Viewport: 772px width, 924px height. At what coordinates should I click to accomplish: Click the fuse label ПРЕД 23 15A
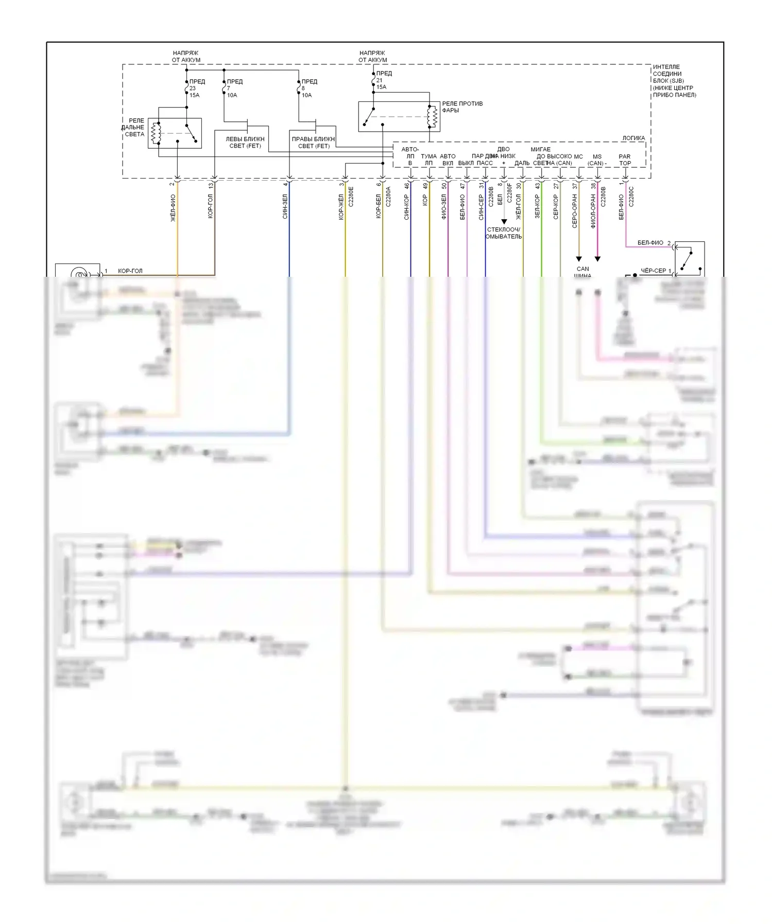196,88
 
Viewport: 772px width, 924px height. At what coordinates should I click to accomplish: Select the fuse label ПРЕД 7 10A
233,88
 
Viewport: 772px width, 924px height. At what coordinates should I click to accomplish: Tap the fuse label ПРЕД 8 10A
308,88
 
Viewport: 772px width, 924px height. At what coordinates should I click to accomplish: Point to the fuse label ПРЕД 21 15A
383,80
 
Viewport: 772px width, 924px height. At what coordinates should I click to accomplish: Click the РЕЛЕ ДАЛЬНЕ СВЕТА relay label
134,128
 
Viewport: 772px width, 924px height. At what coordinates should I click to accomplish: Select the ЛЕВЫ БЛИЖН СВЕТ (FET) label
245,143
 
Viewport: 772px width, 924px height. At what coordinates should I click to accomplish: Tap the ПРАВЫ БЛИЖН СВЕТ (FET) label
313,143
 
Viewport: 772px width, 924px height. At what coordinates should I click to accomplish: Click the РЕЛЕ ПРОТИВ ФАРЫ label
462,107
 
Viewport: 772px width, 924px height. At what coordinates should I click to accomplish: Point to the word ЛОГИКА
633,138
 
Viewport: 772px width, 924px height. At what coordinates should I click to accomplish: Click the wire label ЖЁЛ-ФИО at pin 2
173,208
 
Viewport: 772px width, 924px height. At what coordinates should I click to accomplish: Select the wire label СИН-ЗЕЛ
285,206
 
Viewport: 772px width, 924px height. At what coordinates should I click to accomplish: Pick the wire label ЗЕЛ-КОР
537,206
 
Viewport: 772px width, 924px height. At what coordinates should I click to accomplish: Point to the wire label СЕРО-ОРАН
575,210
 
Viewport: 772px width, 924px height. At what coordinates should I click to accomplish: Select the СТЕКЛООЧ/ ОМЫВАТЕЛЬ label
504,233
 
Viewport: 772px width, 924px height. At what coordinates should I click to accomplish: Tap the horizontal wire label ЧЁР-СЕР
653,271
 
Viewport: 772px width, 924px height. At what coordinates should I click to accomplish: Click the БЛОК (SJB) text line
668,81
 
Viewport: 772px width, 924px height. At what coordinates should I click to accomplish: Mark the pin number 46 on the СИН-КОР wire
406,185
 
